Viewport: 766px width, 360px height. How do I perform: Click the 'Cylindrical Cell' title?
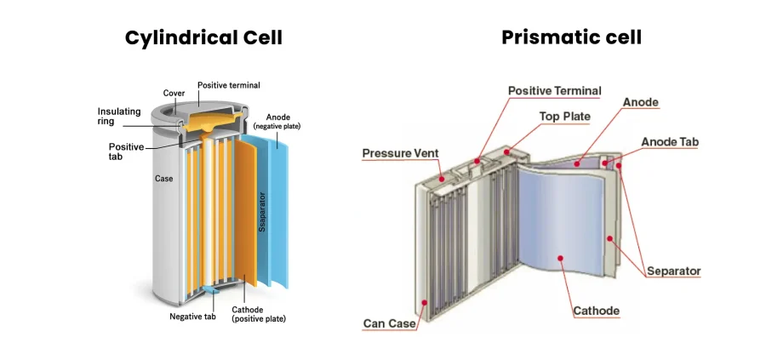click(203, 37)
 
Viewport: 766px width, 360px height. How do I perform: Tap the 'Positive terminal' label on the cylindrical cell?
click(229, 85)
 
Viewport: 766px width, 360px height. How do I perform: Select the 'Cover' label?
click(174, 93)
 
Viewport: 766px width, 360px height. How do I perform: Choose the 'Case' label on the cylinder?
click(164, 179)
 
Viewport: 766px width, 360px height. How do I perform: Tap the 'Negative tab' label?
click(192, 317)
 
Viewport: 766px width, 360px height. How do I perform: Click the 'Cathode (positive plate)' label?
click(258, 314)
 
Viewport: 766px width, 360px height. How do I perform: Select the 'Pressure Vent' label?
click(400, 153)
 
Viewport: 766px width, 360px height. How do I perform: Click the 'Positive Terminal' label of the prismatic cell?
click(554, 90)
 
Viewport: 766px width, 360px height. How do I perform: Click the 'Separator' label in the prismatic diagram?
click(673, 271)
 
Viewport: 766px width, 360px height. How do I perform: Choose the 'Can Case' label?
click(388, 323)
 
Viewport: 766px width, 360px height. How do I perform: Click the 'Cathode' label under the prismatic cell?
click(596, 311)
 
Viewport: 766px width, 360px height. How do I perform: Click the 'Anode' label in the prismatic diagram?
click(640, 102)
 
